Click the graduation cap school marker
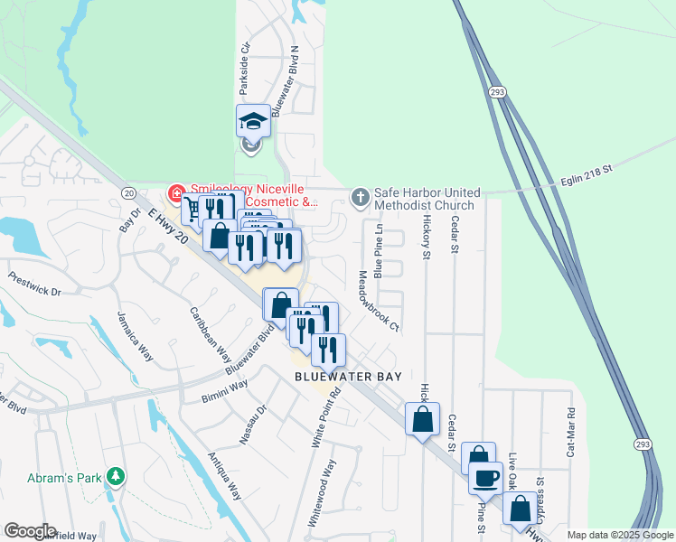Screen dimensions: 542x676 (x=253, y=122)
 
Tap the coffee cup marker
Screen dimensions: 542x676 (x=485, y=476)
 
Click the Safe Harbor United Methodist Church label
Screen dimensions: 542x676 (x=424, y=199)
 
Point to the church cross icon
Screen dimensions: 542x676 (x=360, y=195)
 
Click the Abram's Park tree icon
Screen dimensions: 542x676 (x=115, y=475)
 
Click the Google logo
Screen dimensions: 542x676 (x=31, y=531)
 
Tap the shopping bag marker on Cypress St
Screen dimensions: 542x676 (x=521, y=509)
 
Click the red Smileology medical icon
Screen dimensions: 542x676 (x=175, y=193)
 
